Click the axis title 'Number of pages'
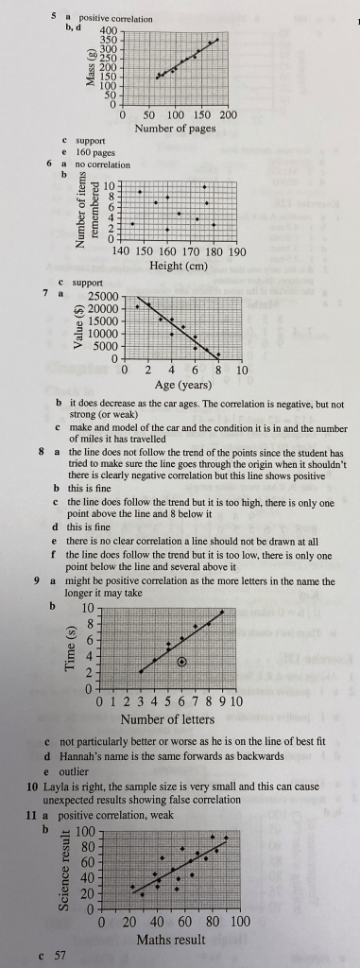tap(175, 128)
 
